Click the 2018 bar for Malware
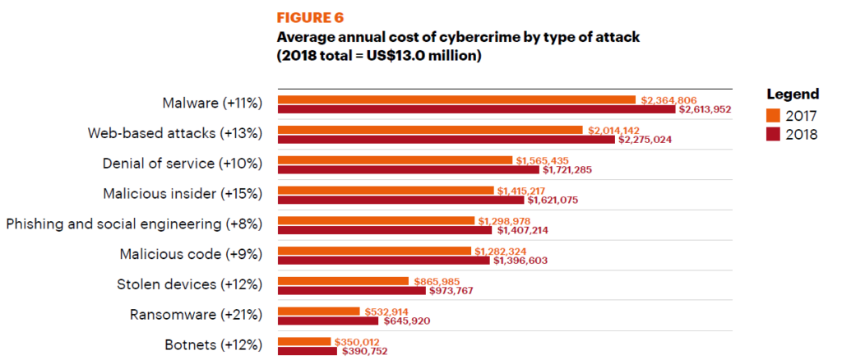tap(476, 109)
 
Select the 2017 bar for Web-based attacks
tap(431, 130)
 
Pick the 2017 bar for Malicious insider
tap(386, 191)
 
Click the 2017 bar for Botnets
tap(304, 342)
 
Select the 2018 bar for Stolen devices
tap(352, 291)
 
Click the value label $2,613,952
tap(705, 109)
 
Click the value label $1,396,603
tap(520, 261)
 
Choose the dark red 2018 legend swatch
tap(771, 135)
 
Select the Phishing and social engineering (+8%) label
tap(134, 224)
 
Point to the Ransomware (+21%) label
tap(196, 315)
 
